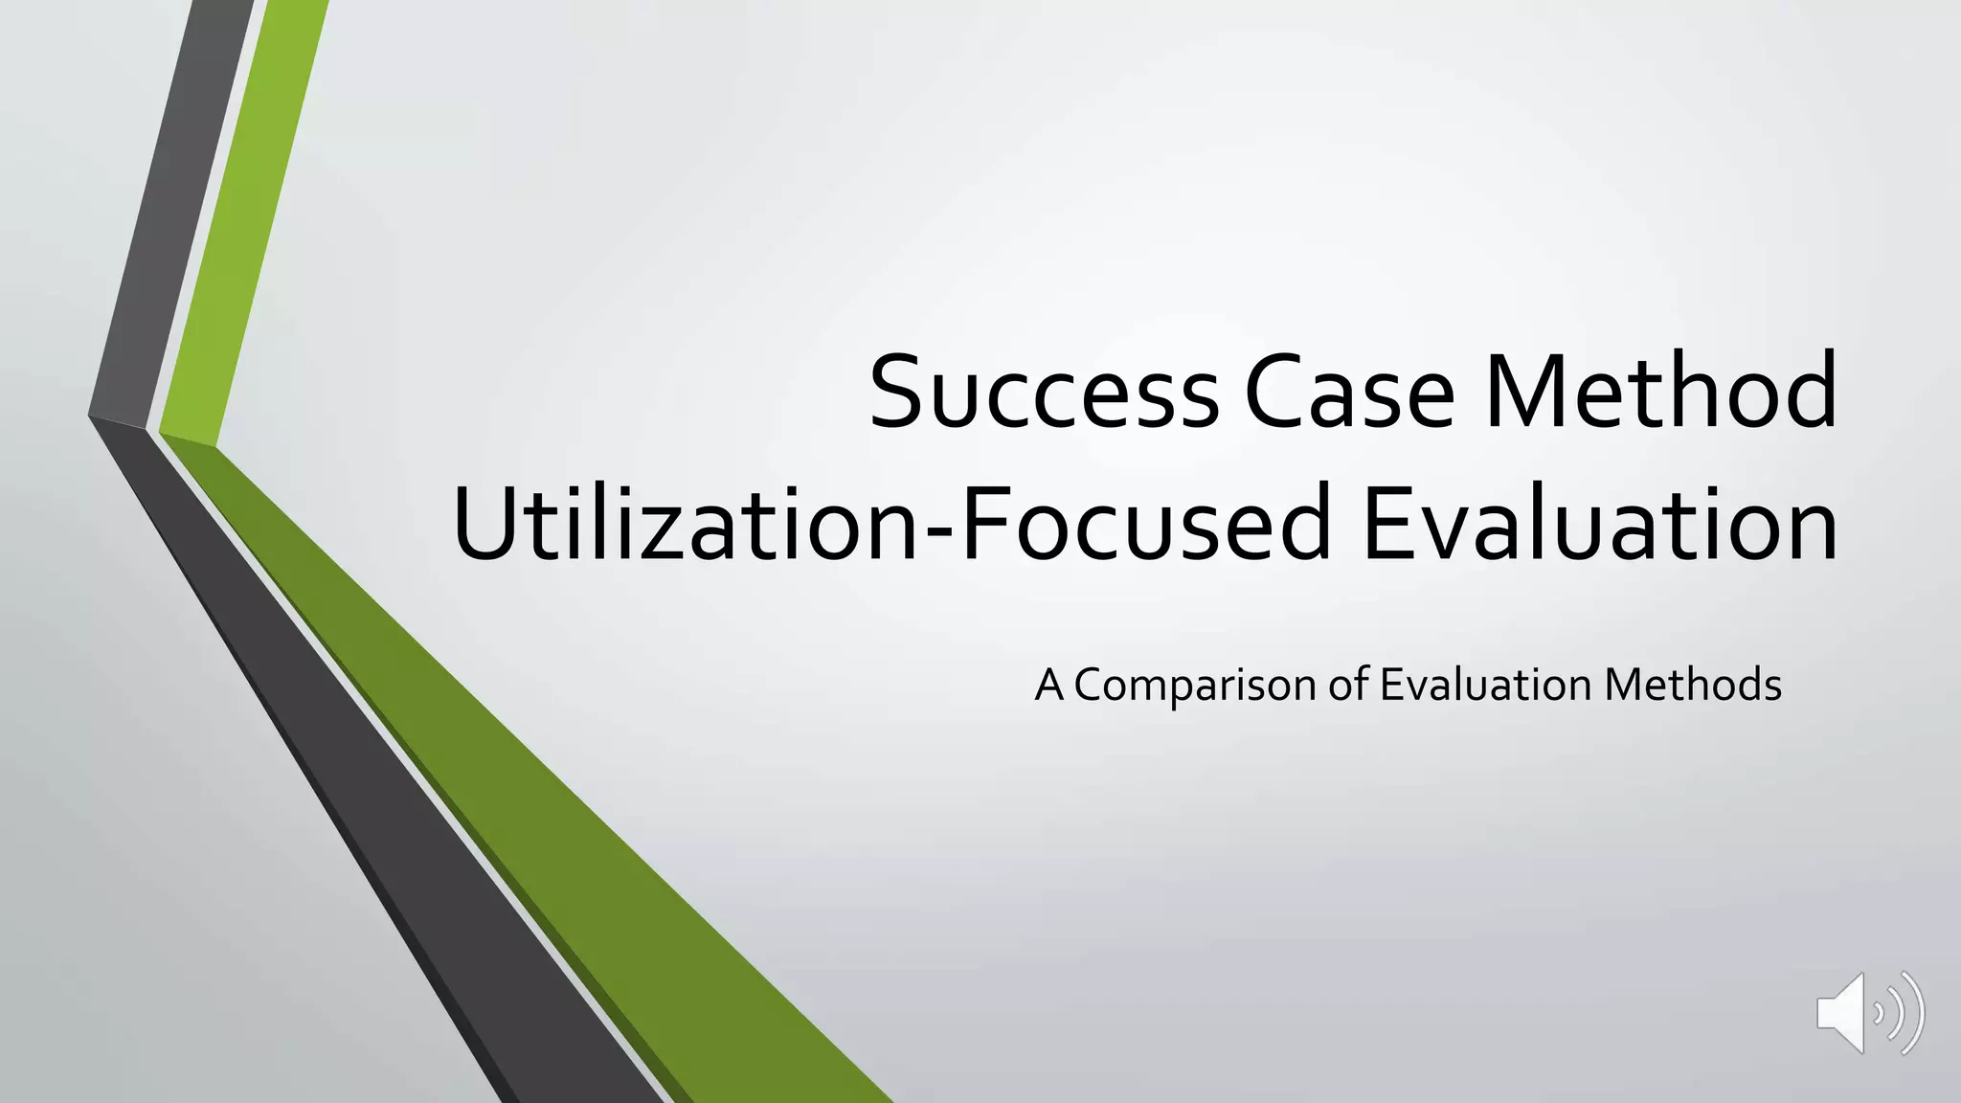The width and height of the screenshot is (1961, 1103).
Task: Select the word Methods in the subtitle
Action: click(x=1693, y=686)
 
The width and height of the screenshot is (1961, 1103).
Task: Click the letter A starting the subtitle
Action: click(x=1049, y=686)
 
